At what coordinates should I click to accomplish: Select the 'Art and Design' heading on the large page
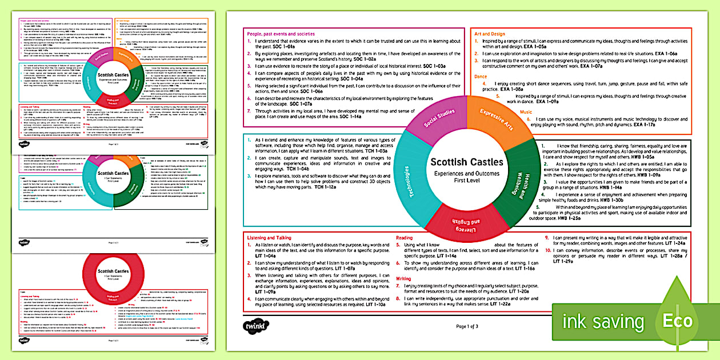[490, 34]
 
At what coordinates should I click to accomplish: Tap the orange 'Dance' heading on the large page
[481, 76]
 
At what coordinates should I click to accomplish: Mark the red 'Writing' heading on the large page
[404, 279]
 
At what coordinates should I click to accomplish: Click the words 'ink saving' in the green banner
[603, 321]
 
